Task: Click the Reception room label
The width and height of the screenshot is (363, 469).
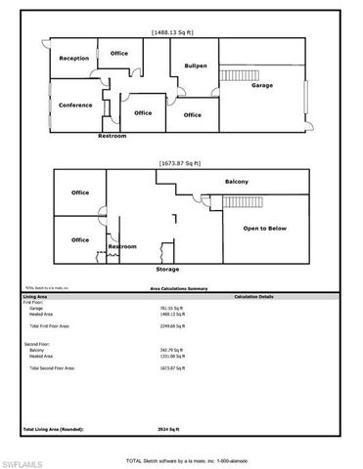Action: (74, 59)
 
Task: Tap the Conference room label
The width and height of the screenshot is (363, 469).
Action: (75, 105)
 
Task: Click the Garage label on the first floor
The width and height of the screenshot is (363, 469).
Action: (262, 85)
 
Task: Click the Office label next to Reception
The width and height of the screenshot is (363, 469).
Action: (119, 53)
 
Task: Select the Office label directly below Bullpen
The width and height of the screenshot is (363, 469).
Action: (193, 114)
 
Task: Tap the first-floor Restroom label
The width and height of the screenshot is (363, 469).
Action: (113, 136)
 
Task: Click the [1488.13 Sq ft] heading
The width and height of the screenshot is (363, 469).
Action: (175, 32)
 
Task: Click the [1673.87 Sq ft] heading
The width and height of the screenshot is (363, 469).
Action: (179, 163)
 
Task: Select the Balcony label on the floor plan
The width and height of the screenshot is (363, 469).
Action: (236, 182)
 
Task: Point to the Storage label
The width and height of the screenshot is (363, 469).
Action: (167, 268)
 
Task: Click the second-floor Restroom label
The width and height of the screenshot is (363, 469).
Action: (122, 246)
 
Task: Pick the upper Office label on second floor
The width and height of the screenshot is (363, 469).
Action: (80, 192)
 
